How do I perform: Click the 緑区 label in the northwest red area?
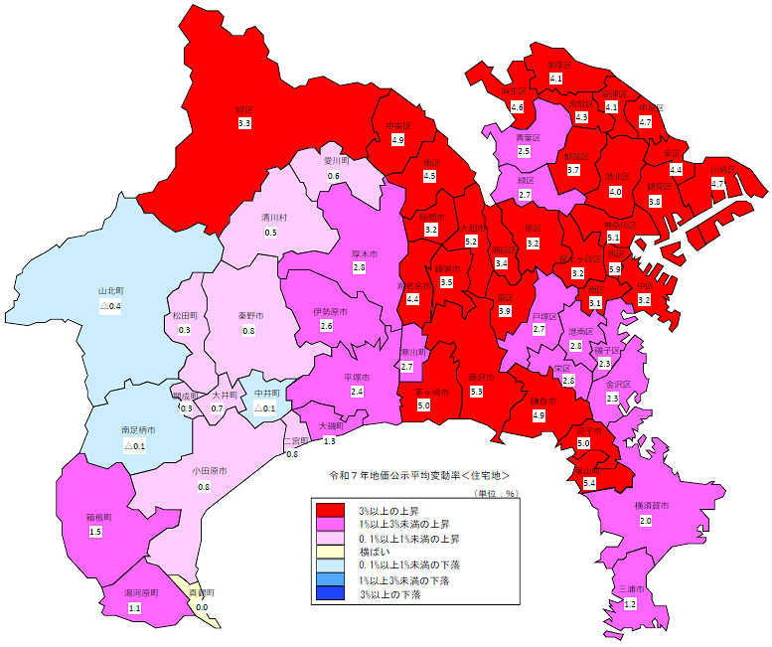[x=244, y=108]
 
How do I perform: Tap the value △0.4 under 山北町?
[x=109, y=306]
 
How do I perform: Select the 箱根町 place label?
[x=95, y=518]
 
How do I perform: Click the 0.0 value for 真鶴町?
[x=202, y=606]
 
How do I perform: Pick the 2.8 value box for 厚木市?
[x=360, y=268]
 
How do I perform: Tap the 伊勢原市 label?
[x=327, y=311]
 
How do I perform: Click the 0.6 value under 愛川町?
[x=334, y=176]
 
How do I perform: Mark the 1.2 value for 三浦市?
[x=629, y=604]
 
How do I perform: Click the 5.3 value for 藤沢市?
[x=476, y=392]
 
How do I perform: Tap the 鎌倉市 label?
[x=539, y=400]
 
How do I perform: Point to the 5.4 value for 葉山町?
[x=589, y=483]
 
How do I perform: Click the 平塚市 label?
[x=357, y=378]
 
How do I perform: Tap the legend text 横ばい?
[x=375, y=553]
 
